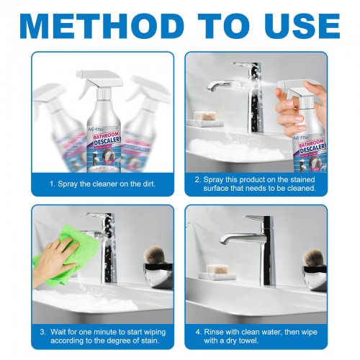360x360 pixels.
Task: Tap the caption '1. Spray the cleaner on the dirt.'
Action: coord(102,184)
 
